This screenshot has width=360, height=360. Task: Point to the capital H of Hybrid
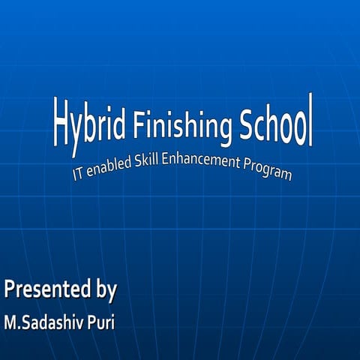pos(60,120)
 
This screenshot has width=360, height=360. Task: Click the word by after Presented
pos(103,289)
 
